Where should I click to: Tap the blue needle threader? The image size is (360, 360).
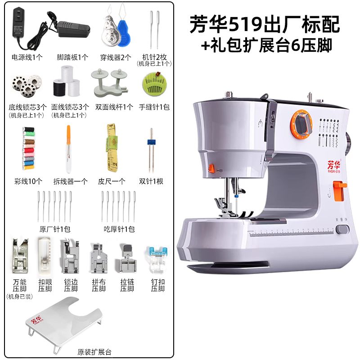pos(124,33)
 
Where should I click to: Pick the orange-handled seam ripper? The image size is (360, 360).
pos(68,149)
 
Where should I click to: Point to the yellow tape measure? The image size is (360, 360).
pos(112,148)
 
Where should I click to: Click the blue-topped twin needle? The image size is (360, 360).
pos(151,150)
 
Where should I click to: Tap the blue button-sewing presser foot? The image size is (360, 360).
pos(157,260)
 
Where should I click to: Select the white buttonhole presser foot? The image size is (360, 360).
pos(45,256)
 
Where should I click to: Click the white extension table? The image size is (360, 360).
pos(64,321)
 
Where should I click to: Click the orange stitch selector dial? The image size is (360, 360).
pos(301,124)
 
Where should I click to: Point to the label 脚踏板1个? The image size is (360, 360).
pos(72,57)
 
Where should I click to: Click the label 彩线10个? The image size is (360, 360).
pos(28,181)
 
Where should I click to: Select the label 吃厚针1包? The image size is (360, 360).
pos(119,229)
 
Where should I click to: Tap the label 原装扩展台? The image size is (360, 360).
pos(94,352)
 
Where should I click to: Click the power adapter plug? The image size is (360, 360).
pos(19,22)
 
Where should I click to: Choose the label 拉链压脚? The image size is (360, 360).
pos(127,285)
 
